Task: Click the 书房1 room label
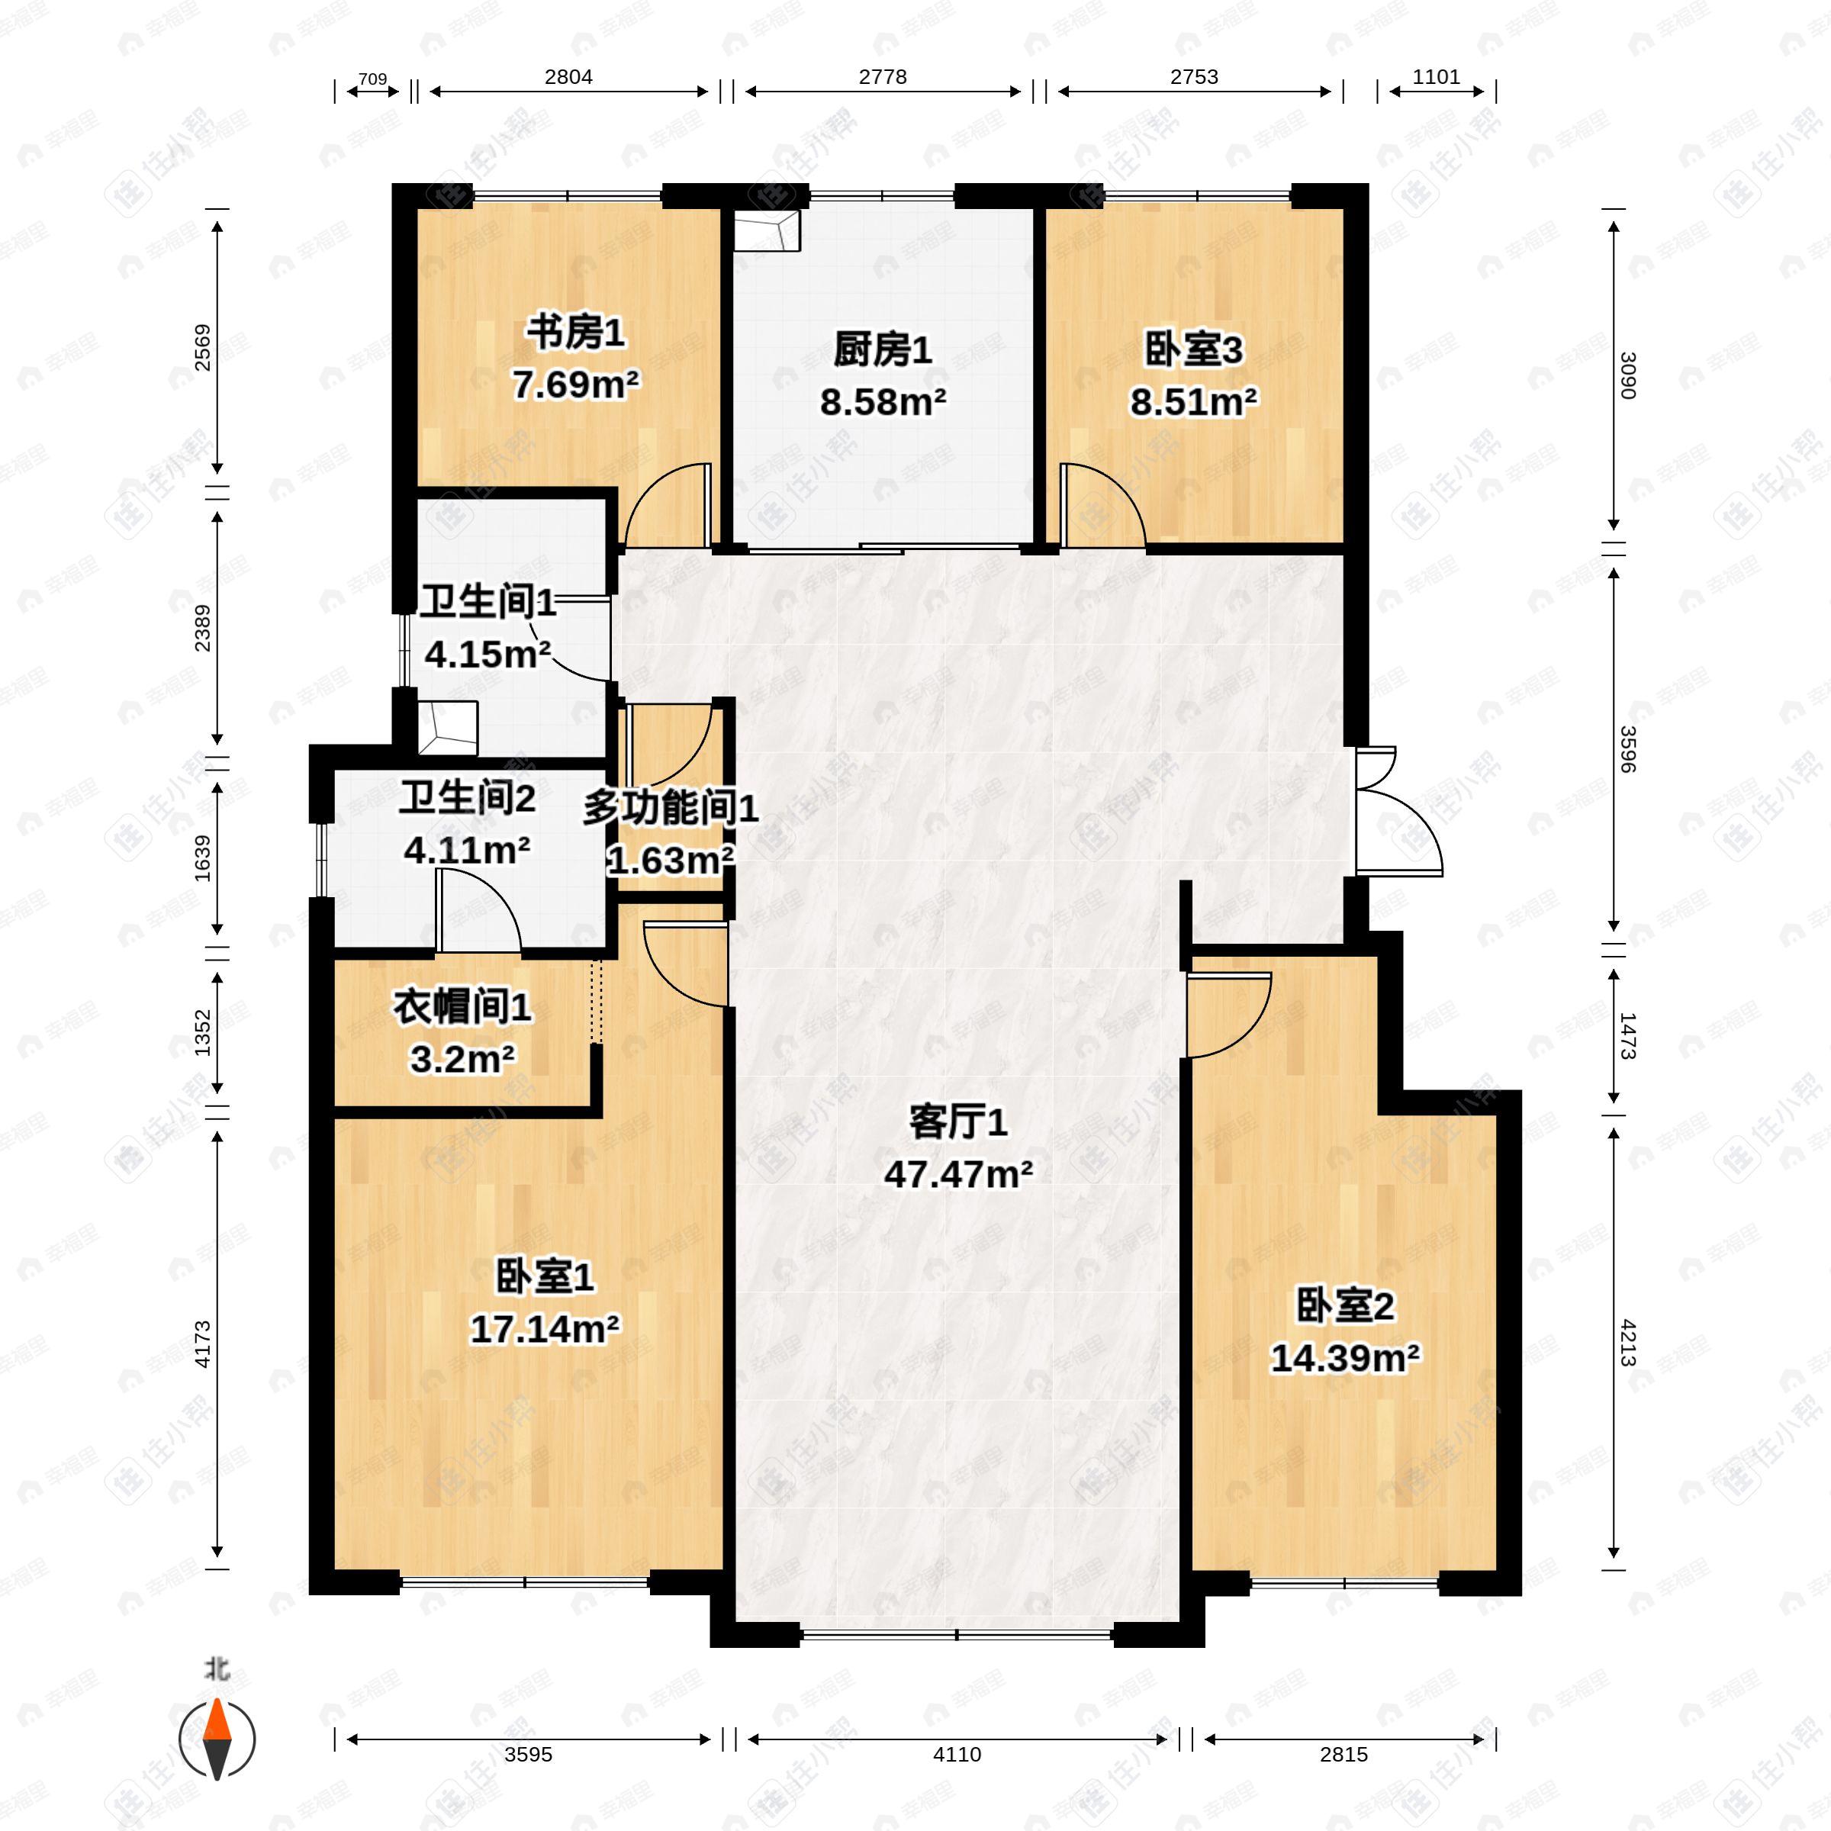click(575, 333)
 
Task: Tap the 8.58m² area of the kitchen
click(883, 403)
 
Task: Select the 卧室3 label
click(1193, 351)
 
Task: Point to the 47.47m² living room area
click(958, 1175)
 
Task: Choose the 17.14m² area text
click(545, 1330)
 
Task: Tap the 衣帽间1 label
click(462, 1007)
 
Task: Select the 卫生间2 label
click(466, 798)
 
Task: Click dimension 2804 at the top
click(568, 77)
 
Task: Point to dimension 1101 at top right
click(1436, 77)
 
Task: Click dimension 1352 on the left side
click(202, 1032)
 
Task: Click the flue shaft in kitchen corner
click(766, 231)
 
